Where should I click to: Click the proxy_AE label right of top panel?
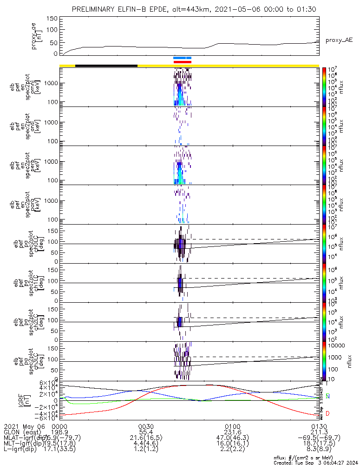pos(339,40)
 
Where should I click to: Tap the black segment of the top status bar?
pos(106,66)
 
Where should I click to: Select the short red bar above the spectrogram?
pos(182,62)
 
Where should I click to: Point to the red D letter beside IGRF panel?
pos(328,413)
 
